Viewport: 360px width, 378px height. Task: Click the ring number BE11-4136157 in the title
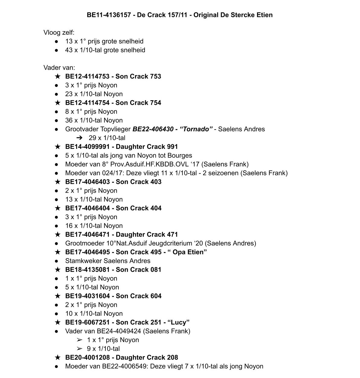click(109, 15)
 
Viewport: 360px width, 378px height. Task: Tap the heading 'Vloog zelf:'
click(59, 32)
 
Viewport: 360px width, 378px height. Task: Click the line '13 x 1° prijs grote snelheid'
click(104, 41)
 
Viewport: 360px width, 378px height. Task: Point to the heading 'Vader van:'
click(59, 68)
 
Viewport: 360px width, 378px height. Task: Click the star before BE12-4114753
click(57, 76)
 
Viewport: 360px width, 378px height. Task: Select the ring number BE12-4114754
click(87, 103)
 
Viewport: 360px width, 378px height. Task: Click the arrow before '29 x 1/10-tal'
click(79, 138)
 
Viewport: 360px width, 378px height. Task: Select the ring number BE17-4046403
click(87, 182)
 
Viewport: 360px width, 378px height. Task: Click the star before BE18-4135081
click(57, 270)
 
